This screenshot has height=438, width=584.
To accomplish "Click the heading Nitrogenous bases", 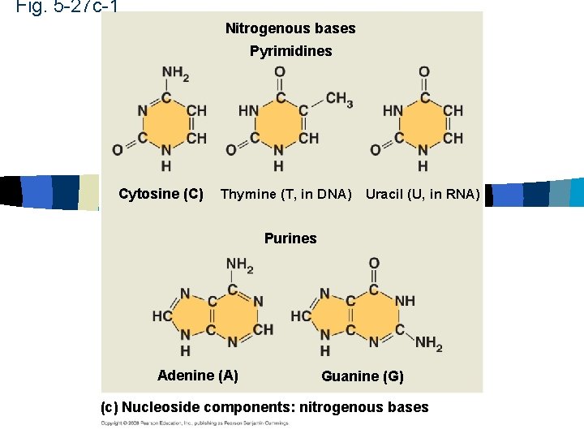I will [290, 28].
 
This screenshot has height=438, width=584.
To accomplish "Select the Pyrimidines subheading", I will [290, 51].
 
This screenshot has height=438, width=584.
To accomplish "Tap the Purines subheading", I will [290, 238].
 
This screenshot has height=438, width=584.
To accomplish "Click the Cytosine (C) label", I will [161, 194].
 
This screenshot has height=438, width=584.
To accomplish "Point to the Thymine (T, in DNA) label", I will [286, 194].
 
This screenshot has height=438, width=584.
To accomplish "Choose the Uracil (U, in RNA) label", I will [423, 194].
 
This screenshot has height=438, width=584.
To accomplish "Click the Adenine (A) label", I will [197, 375].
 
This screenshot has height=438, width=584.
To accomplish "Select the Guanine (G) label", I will [362, 376].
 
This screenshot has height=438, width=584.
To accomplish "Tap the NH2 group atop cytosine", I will [175, 74].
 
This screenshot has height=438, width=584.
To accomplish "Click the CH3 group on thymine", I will [339, 99].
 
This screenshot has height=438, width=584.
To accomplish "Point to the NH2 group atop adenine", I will [239, 264].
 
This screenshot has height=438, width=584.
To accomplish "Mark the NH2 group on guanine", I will [428, 344].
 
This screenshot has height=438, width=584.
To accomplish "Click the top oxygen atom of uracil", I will [423, 73].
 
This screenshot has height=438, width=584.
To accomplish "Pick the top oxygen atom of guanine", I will [374, 264].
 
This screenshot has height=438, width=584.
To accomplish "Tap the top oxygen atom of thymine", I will [279, 73].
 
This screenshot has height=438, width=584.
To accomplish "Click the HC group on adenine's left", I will [161, 316].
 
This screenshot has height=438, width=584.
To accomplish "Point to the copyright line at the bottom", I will [195, 423].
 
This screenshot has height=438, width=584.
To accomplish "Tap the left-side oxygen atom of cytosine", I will [118, 149].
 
